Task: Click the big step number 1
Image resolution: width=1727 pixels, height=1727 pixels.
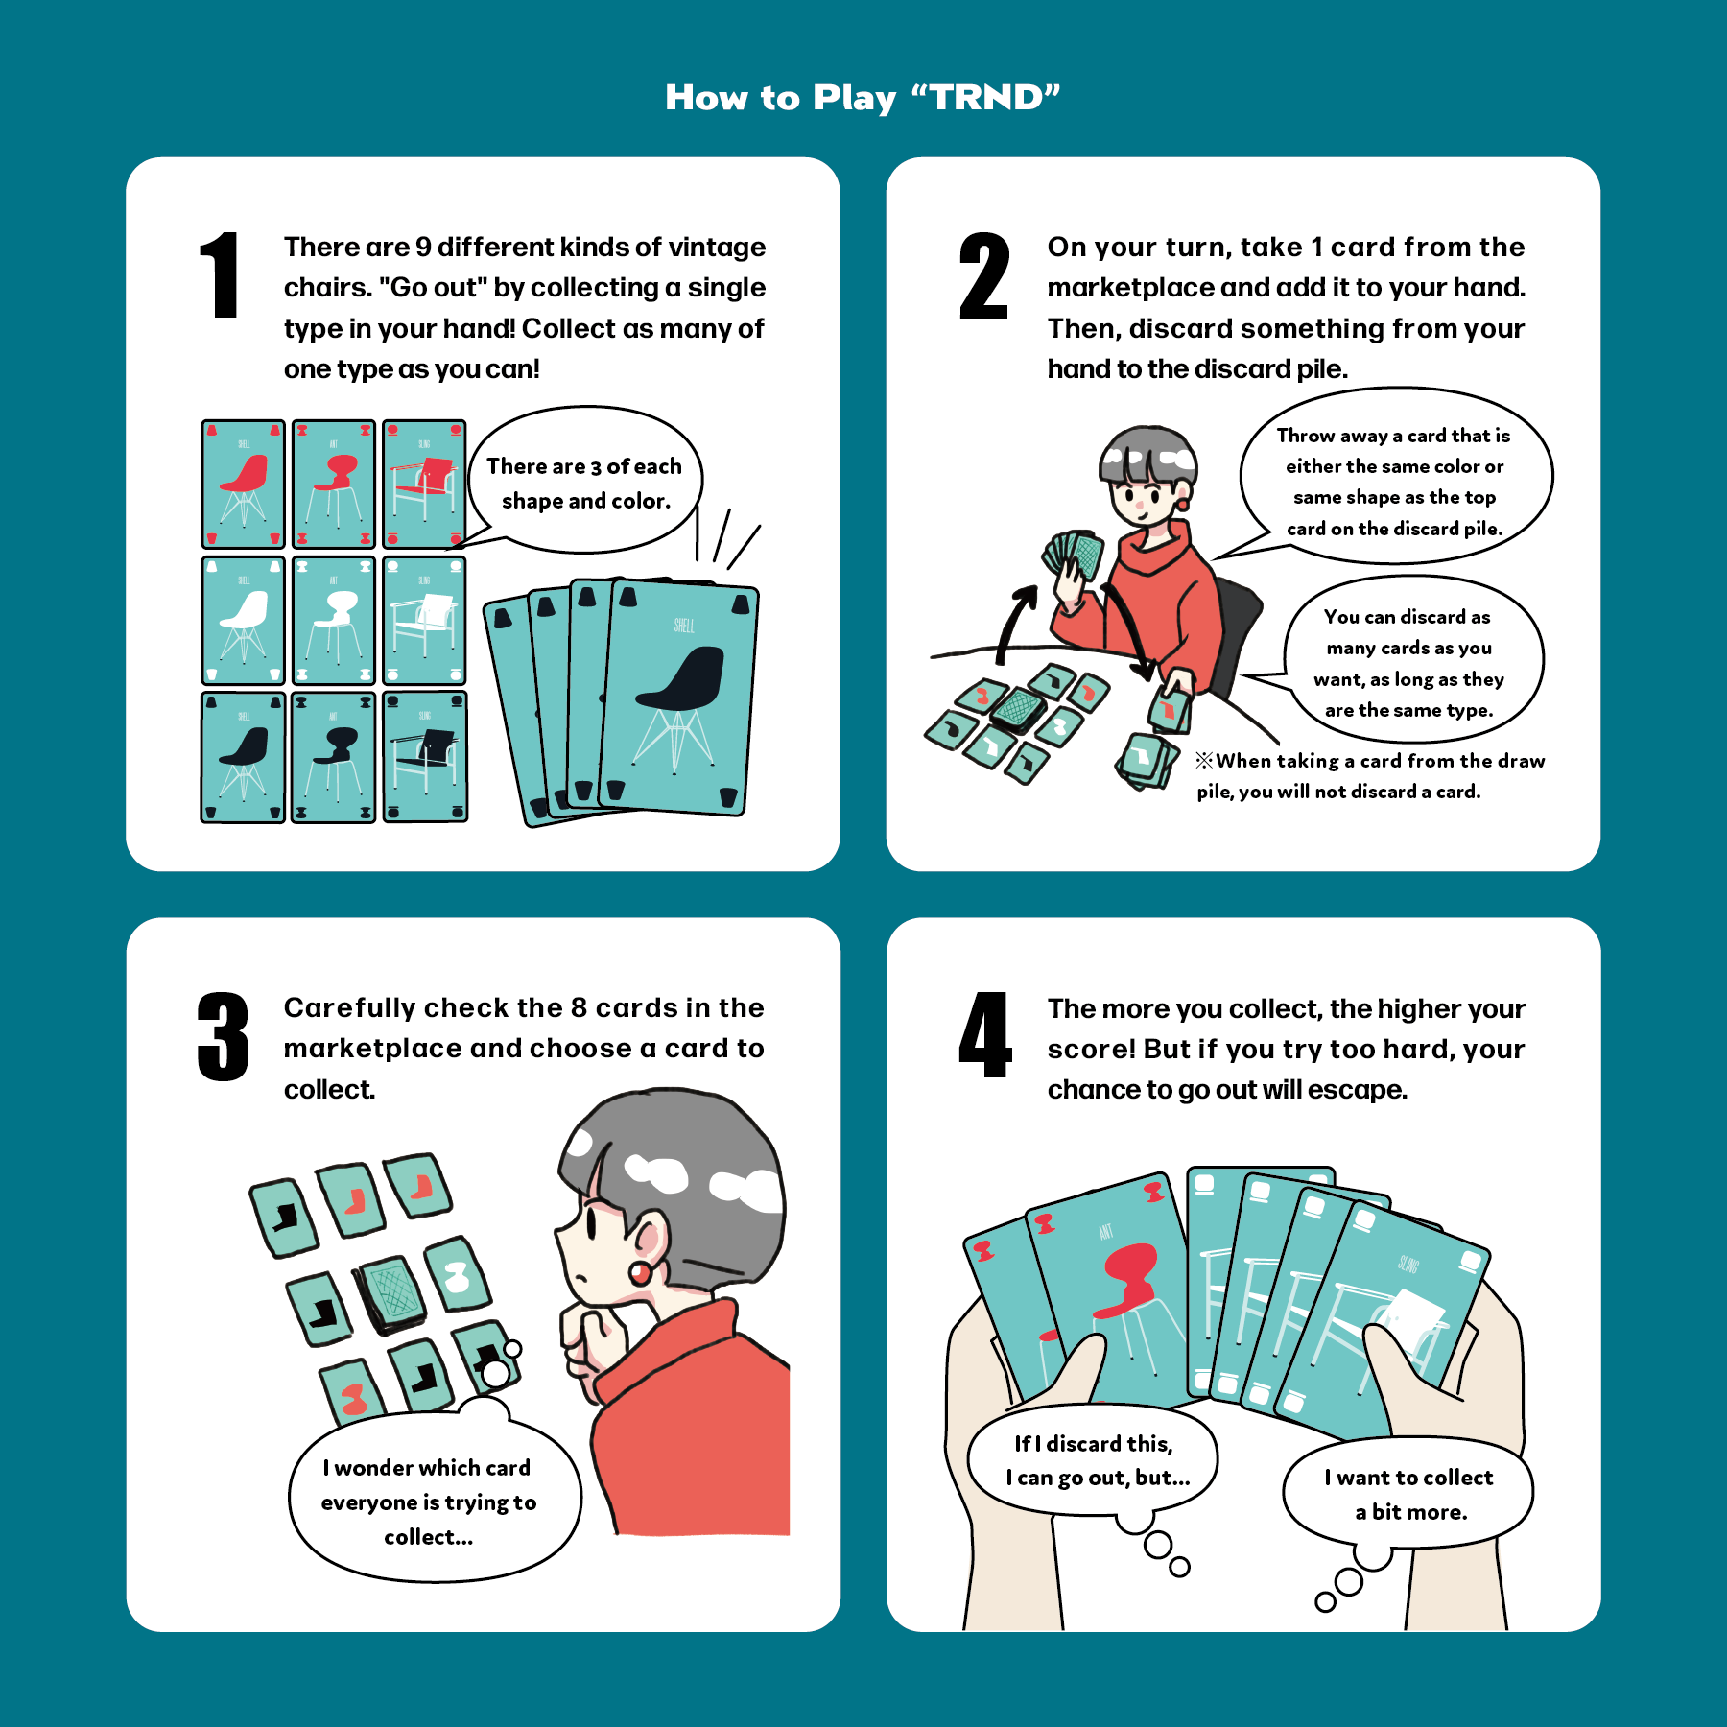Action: tap(221, 275)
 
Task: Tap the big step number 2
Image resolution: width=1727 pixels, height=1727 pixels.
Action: tap(983, 275)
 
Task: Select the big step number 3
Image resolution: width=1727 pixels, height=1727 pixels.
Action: tap(223, 1036)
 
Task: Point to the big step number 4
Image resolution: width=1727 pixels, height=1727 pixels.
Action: tap(985, 1035)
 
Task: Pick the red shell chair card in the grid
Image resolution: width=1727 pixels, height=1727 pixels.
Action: tap(244, 484)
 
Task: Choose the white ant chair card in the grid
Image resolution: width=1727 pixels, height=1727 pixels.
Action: tap(333, 620)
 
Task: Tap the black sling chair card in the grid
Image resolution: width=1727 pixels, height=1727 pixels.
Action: tap(425, 757)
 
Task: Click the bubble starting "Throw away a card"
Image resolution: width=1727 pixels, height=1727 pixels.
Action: tap(1396, 477)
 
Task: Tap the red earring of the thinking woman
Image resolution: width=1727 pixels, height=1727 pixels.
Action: tap(640, 1273)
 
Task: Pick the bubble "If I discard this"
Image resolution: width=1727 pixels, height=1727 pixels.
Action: tap(1093, 1460)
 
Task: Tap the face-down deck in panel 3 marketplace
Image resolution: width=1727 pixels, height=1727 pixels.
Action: tap(390, 1294)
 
